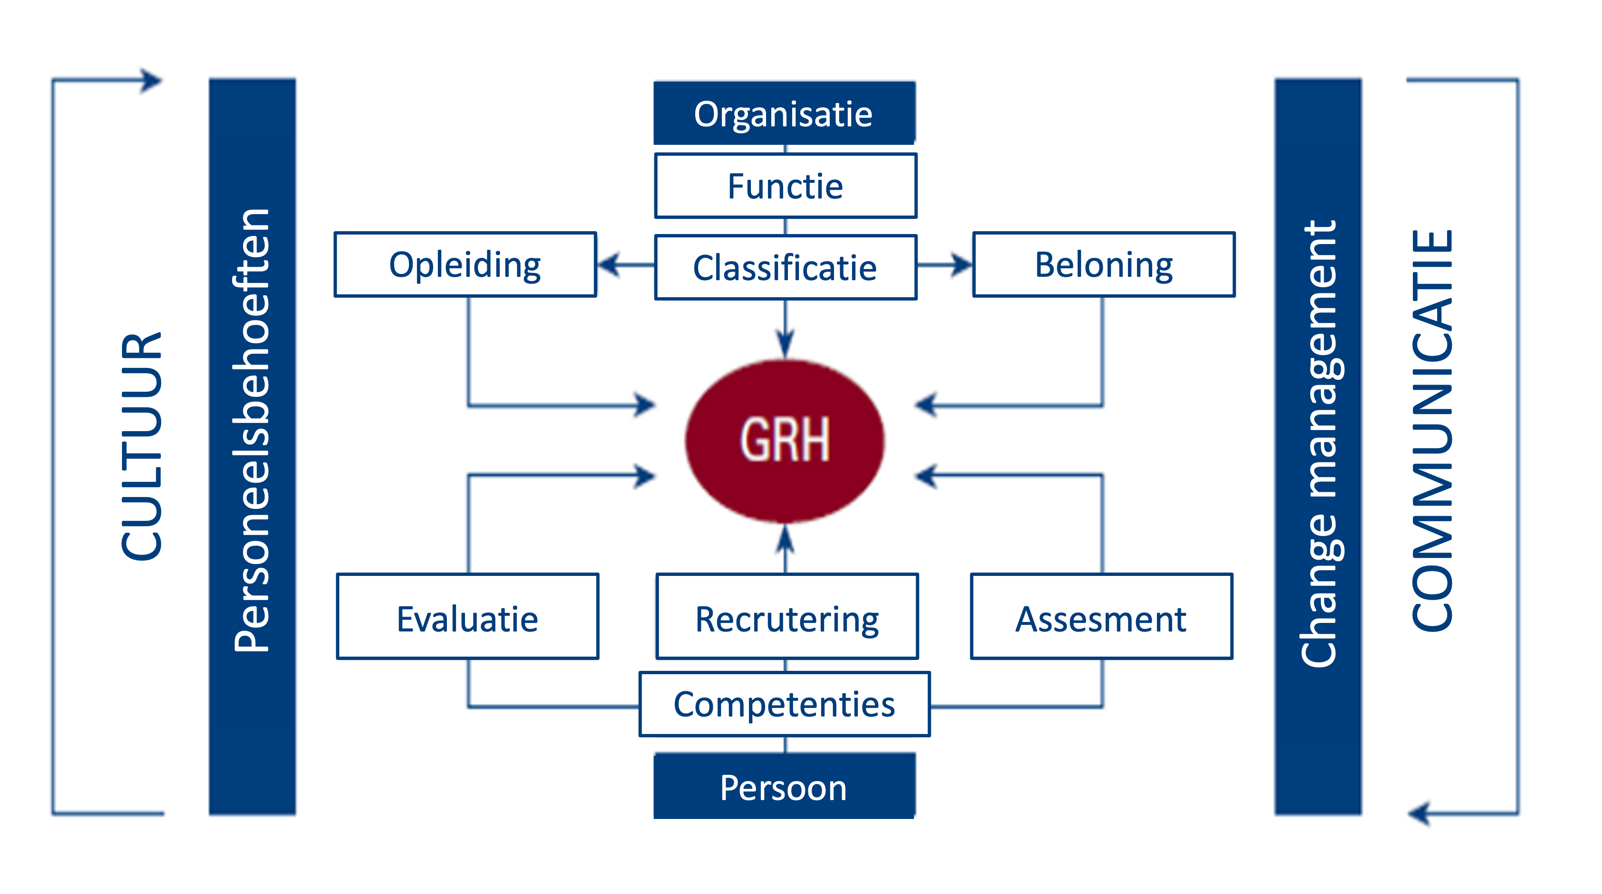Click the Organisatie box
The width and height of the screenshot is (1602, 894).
(784, 113)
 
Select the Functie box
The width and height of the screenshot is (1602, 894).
(786, 186)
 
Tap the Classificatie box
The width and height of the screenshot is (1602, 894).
(786, 267)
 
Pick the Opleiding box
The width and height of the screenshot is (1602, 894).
(465, 265)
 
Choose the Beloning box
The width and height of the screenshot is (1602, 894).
(1104, 265)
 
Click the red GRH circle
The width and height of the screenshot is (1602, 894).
(785, 441)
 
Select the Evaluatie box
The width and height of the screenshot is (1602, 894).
(468, 616)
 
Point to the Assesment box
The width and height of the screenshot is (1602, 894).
(1101, 616)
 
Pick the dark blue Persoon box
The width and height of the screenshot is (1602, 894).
(784, 786)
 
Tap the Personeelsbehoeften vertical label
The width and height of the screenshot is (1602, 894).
(252, 430)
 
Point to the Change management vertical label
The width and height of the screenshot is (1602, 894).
(1318, 444)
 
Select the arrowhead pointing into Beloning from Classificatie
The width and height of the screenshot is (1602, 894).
(961, 265)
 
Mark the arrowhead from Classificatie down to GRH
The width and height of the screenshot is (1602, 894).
(786, 344)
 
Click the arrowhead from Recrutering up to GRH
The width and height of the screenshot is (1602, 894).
(786, 538)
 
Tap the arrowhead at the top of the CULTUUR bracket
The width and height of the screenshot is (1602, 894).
(152, 80)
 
